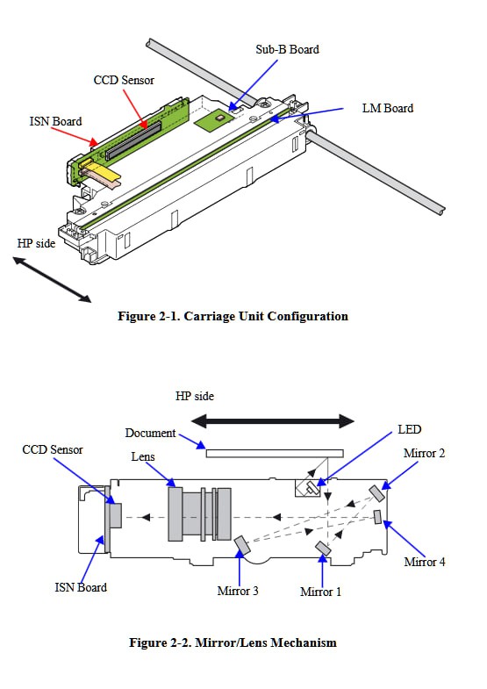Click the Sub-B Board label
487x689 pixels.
(x=287, y=49)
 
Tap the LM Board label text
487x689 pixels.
(x=388, y=108)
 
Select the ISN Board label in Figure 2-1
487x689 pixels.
(x=56, y=121)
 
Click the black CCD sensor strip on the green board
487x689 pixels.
(x=133, y=140)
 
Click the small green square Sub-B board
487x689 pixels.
(x=213, y=120)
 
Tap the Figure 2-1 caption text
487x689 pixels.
(x=233, y=316)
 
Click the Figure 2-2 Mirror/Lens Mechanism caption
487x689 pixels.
(x=233, y=642)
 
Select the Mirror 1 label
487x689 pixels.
(x=320, y=592)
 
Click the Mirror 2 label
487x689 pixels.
(x=424, y=453)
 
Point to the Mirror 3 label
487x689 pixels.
(x=238, y=591)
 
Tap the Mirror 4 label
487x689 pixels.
(x=425, y=562)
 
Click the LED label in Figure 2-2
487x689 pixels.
(x=409, y=429)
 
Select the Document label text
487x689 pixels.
(x=150, y=433)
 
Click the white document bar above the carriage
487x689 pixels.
(x=275, y=454)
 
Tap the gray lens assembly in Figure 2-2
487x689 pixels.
(x=200, y=514)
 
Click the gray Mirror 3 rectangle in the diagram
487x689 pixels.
(x=242, y=545)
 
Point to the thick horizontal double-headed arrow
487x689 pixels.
(x=273, y=421)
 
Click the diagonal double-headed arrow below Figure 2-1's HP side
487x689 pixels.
(x=53, y=280)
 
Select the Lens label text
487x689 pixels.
(x=143, y=456)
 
